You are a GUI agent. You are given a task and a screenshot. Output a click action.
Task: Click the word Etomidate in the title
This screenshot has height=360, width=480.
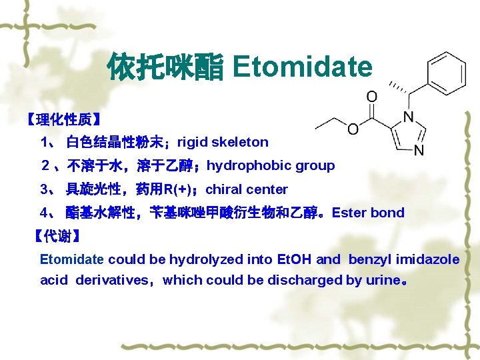tap(302, 67)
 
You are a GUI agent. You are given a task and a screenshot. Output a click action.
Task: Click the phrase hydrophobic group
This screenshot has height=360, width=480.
tap(271, 165)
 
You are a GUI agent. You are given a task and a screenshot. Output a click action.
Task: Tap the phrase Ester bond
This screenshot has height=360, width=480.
tap(368, 213)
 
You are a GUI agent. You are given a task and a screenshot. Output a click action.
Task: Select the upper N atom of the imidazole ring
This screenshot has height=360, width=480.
tap(408, 116)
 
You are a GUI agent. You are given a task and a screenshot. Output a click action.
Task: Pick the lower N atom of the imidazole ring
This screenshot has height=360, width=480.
tap(419, 150)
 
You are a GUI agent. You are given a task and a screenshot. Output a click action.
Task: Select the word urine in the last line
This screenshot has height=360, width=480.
tap(381, 281)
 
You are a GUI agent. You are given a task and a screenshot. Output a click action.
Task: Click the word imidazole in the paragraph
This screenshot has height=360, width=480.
tap(427, 259)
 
